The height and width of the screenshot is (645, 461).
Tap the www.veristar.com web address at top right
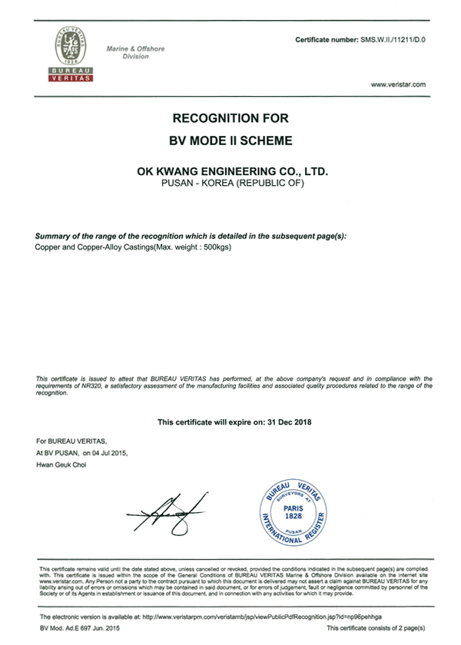click(x=397, y=84)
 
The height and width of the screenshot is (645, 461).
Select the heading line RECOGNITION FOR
click(x=230, y=118)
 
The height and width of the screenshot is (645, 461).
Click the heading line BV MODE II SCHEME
click(x=230, y=141)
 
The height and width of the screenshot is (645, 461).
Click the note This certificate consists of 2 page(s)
click(x=376, y=628)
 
